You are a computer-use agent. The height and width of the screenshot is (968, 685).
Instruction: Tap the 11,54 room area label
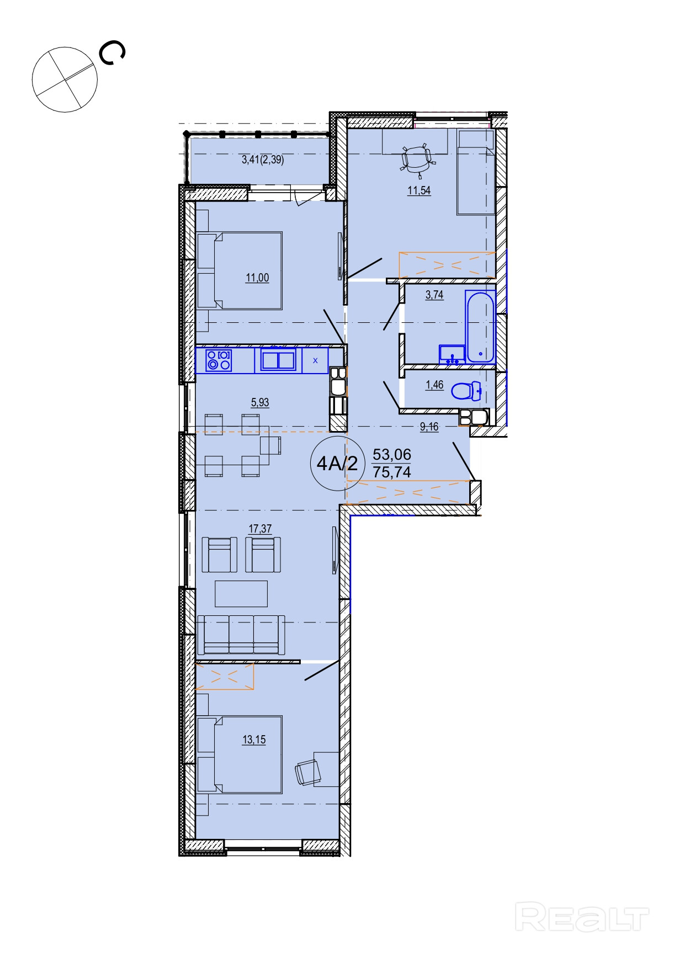coord(419,191)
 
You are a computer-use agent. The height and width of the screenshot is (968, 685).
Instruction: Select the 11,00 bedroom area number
coord(257,278)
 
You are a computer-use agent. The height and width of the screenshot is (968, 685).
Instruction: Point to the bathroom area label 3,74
coord(434,295)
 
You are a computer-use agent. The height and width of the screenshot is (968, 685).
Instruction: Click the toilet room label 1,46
coord(434,385)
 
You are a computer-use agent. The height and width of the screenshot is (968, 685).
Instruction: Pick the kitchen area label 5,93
coord(260,402)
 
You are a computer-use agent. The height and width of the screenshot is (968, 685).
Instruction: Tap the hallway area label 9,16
coord(429,427)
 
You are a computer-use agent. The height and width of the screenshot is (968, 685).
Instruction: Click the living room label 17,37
coord(260,529)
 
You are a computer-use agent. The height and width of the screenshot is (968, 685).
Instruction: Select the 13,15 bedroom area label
coord(254,740)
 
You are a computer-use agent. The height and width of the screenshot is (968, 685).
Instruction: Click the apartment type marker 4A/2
coord(337,464)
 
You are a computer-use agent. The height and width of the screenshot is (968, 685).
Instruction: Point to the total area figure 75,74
coord(392,472)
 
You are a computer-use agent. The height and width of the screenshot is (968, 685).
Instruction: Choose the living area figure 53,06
coord(392,454)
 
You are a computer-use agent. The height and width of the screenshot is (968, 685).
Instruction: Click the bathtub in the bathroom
coord(480,327)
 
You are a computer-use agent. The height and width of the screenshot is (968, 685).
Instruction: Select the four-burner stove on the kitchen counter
coord(219,361)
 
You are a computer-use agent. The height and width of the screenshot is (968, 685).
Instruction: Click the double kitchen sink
coord(278,360)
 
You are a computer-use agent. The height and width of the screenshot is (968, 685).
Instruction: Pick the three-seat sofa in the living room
coord(241,635)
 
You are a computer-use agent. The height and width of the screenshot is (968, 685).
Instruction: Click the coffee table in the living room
coord(241,593)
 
